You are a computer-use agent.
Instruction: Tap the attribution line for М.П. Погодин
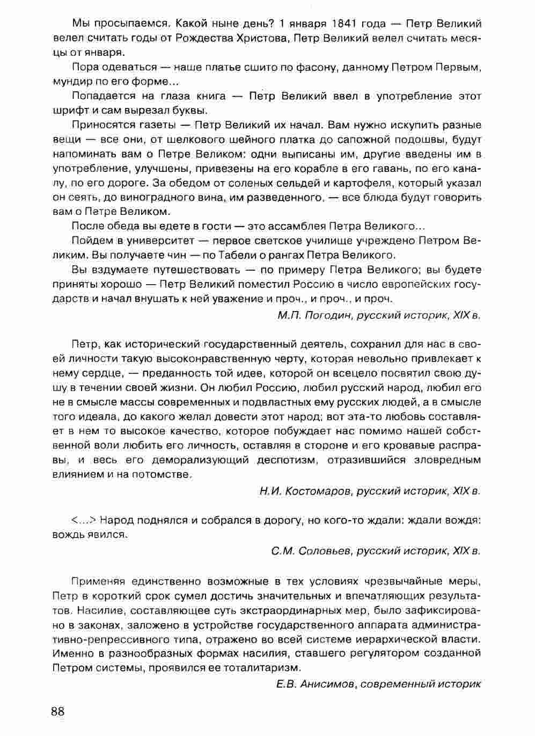(379, 315)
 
